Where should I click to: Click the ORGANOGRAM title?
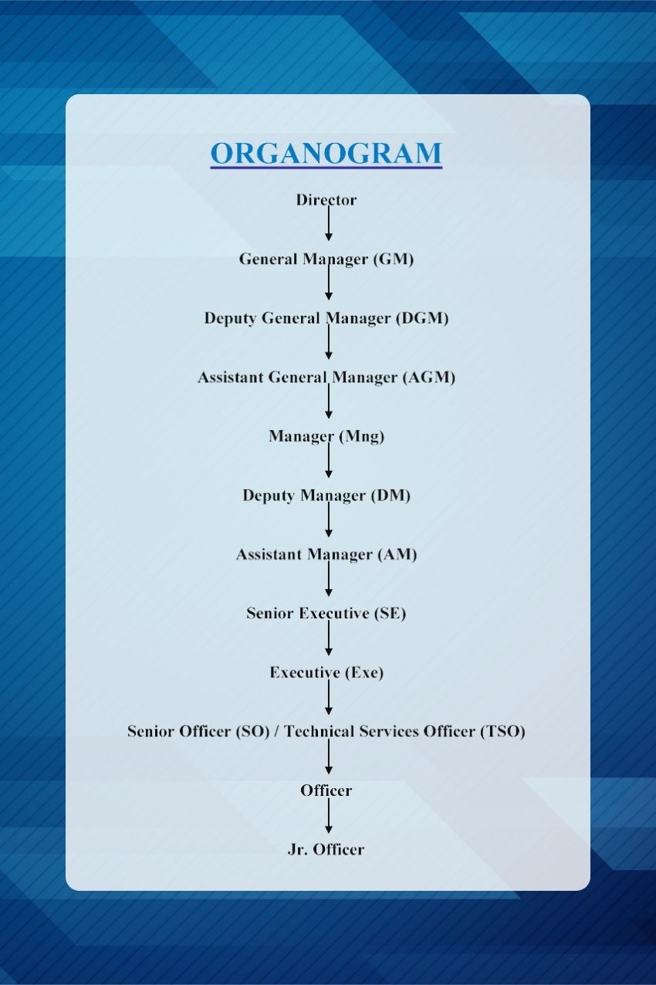[326, 153]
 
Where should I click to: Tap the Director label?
[326, 200]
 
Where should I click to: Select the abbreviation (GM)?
[394, 259]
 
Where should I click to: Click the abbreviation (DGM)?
[422, 318]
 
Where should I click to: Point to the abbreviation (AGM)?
[428, 377]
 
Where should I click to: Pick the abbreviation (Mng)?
[362, 437]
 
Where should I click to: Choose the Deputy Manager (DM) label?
[326, 496]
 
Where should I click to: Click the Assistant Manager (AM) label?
[326, 555]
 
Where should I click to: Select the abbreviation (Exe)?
[364, 673]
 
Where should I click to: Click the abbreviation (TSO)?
[502, 732]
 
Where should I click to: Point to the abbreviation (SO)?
[252, 732]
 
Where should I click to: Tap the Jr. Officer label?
[326, 850]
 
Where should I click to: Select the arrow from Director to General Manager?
[329, 223]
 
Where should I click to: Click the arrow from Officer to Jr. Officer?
[329, 815]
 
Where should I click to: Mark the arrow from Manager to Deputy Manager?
[329, 460]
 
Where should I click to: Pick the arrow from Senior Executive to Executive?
[329, 638]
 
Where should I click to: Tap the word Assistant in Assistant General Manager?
[231, 377]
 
